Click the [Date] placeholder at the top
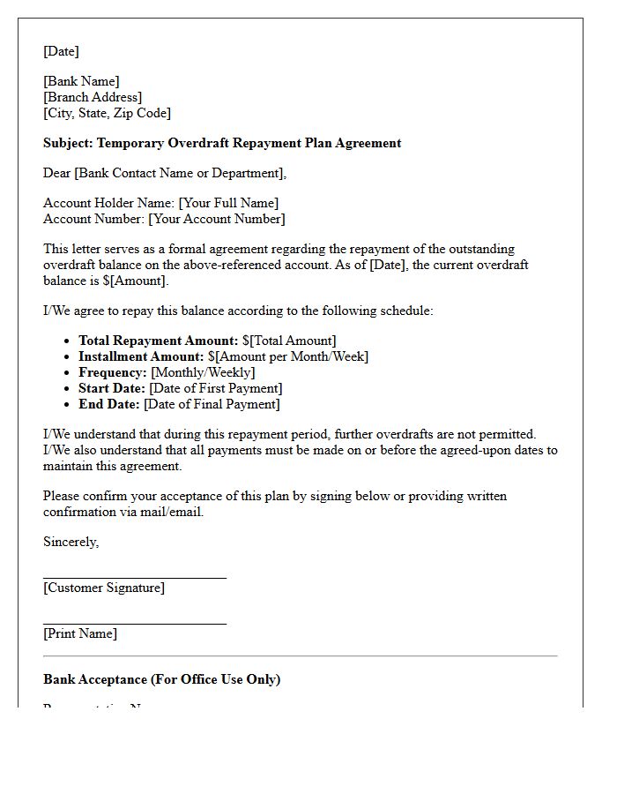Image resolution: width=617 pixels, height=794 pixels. [61, 51]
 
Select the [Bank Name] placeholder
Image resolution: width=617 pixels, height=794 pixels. [81, 81]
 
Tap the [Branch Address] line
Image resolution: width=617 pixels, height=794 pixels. [92, 97]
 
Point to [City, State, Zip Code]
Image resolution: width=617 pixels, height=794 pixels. [107, 113]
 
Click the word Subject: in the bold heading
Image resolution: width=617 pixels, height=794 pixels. [68, 143]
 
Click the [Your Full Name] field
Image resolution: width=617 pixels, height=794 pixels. [228, 203]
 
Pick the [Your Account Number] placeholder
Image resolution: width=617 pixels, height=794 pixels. [217, 219]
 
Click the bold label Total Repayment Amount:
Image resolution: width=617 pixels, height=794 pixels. [159, 341]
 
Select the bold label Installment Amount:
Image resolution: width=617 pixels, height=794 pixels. [141, 356]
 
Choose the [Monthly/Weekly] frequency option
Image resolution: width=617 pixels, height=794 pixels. [203, 372]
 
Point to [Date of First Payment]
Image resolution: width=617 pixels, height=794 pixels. [216, 388]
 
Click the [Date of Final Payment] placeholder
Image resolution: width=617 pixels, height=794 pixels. [212, 404]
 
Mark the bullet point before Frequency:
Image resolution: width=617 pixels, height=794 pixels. [68, 372]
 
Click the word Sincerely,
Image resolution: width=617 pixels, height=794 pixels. [71, 542]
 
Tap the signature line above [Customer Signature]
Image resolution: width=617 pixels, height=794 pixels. [134, 578]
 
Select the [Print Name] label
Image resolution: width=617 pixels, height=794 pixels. [79, 633]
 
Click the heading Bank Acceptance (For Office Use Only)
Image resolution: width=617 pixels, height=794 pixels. [161, 679]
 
